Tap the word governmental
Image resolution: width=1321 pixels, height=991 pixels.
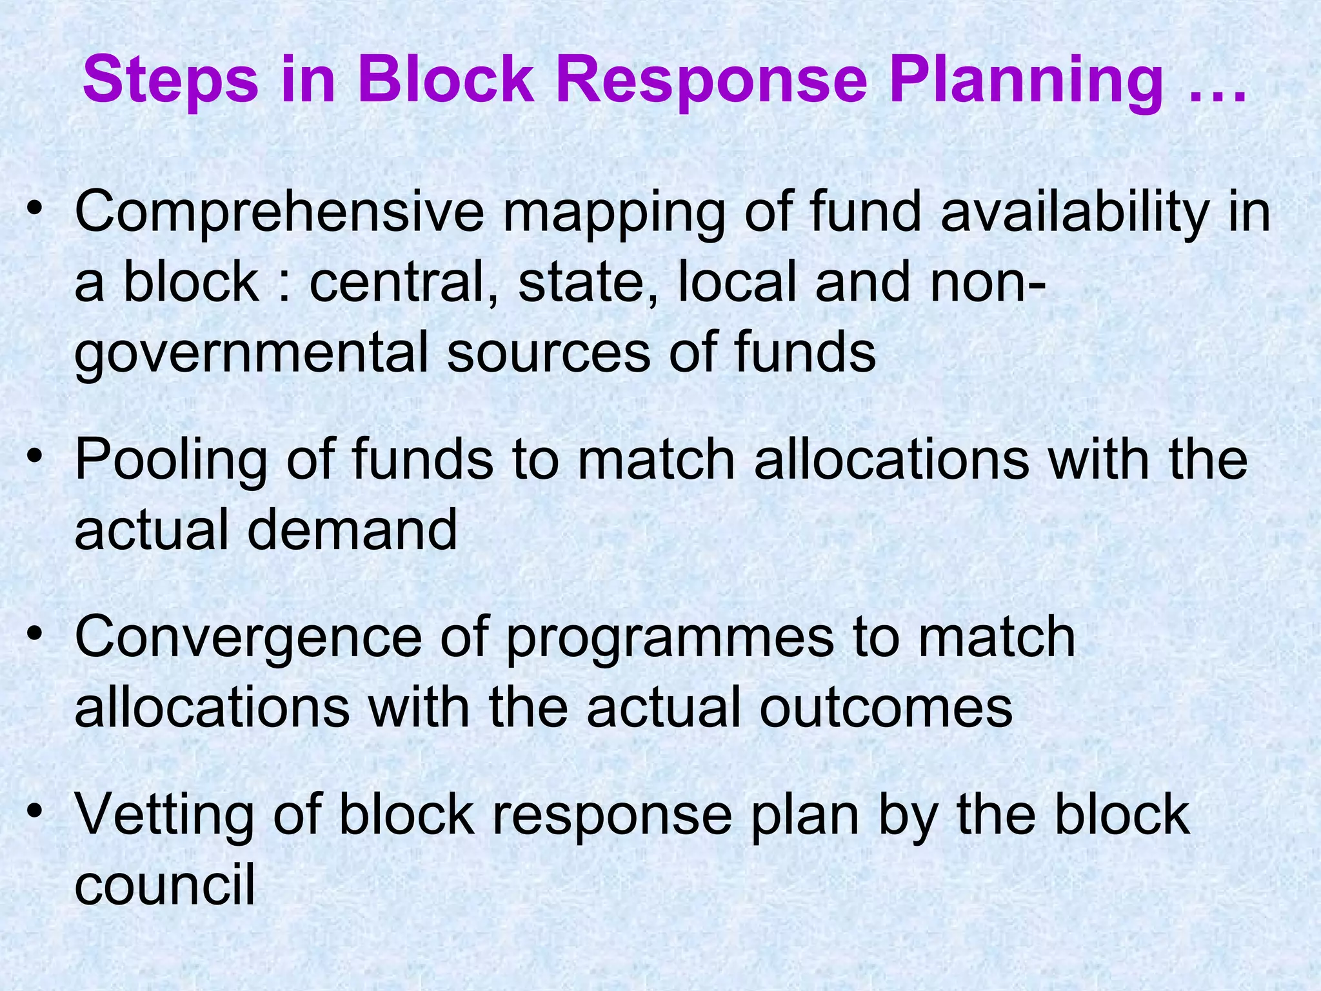pyautogui.click(x=252, y=354)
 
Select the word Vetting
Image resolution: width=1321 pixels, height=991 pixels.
pyautogui.click(x=164, y=816)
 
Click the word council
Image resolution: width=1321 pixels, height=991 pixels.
pyautogui.click(x=164, y=885)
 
